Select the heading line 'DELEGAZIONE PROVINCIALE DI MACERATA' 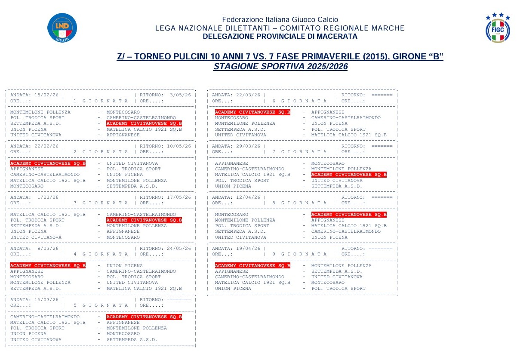tap(280, 37)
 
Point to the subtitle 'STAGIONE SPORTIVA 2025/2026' tap(280, 67)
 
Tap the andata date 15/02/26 tap(47, 95)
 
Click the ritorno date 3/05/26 tap(181, 95)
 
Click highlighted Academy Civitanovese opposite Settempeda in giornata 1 tap(144, 123)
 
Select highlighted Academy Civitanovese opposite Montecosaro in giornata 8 tap(349, 214)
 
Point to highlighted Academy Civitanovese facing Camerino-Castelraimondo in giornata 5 tap(144, 317)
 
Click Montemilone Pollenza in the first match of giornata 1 tap(40, 112)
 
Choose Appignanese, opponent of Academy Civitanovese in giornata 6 tap(328, 112)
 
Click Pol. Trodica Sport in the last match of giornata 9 tap(339, 289)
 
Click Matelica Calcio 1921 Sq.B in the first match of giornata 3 tap(48, 214)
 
